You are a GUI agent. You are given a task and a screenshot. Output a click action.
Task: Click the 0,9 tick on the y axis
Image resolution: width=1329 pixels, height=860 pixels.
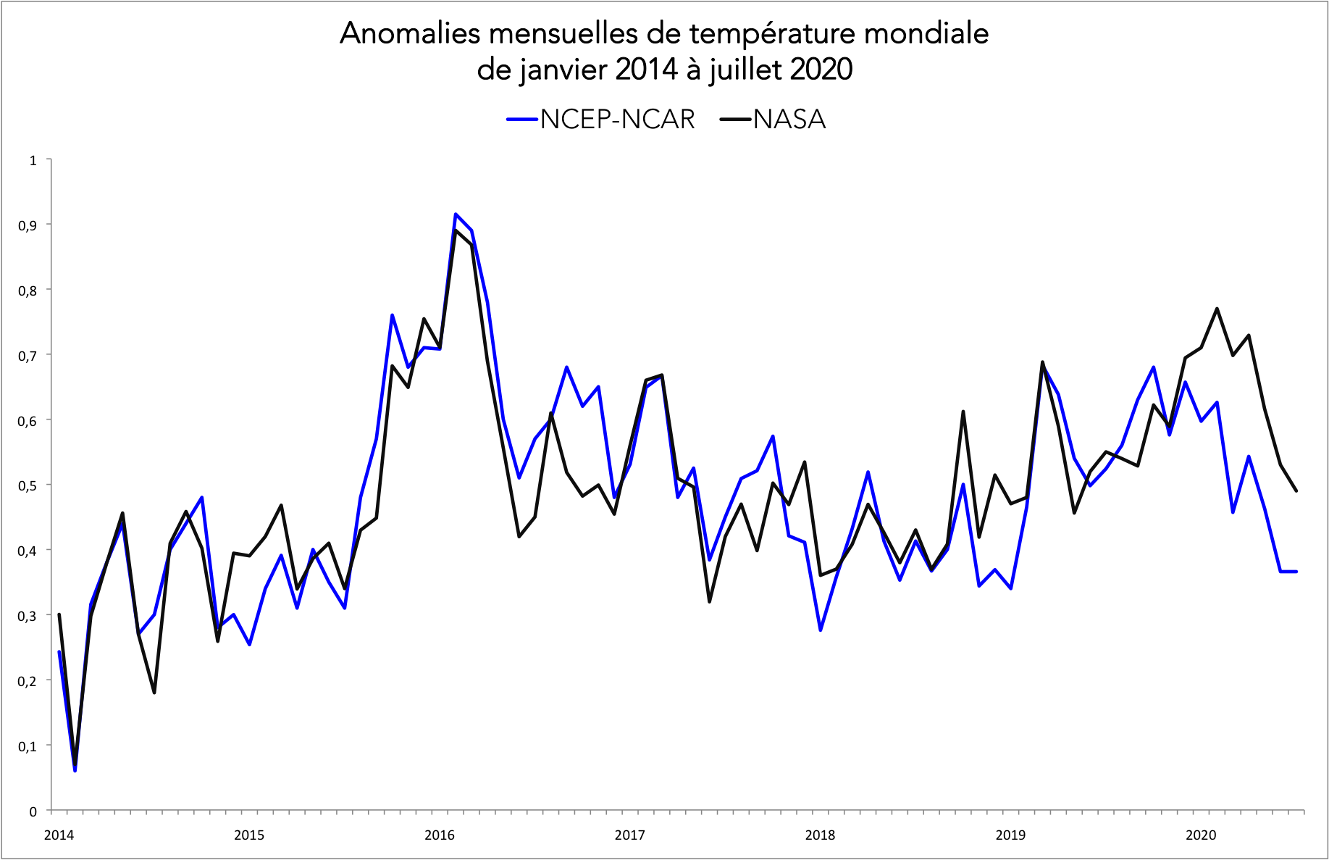click(28, 225)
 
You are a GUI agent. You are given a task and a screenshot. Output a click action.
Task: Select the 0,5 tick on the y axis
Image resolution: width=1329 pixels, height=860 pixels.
click(28, 485)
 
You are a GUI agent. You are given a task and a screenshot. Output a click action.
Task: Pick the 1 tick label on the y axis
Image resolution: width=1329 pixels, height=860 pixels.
click(33, 160)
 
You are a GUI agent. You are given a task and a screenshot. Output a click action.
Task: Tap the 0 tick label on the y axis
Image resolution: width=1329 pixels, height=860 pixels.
click(33, 811)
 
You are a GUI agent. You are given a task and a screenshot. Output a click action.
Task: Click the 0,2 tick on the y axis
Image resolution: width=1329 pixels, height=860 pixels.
click(28, 681)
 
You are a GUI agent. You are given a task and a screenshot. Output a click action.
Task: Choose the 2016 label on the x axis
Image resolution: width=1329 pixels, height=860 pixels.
click(440, 835)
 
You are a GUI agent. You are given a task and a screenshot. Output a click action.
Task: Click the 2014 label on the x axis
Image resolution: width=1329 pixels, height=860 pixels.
click(59, 835)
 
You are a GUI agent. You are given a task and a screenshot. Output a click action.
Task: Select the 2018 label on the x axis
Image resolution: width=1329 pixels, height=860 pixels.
click(820, 835)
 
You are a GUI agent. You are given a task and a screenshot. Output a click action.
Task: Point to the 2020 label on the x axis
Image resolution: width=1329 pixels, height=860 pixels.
click(1201, 835)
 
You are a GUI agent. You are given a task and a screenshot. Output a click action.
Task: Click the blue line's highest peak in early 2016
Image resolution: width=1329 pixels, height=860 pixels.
click(456, 214)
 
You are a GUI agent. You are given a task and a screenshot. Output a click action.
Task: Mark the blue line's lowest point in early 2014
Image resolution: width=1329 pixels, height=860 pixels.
click(75, 770)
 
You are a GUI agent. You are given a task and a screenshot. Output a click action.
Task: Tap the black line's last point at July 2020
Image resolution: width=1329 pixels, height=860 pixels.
click(1296, 491)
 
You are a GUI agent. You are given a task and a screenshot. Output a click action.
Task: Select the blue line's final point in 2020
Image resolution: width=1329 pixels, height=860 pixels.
click(1296, 572)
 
